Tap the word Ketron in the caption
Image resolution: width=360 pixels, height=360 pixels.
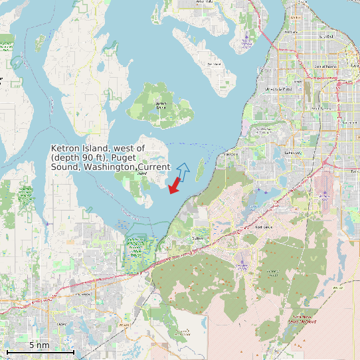(67, 148)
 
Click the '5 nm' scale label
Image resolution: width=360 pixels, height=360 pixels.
(39, 345)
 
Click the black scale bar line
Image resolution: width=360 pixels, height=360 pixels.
(40, 351)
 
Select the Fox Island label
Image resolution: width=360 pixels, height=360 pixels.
(213, 64)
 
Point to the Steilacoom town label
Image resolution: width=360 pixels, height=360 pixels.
(231, 153)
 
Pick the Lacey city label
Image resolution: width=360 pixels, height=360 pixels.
(62, 323)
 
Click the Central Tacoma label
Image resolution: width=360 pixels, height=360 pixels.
(325, 66)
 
